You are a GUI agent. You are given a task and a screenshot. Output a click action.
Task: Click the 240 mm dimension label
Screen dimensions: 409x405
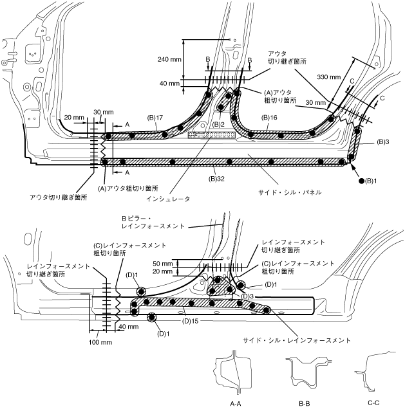(169, 57)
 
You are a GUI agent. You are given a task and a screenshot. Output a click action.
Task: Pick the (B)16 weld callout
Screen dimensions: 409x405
(269, 118)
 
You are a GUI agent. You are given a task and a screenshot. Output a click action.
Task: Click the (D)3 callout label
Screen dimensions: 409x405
(248, 296)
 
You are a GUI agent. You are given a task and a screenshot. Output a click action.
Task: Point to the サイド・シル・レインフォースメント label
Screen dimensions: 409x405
(296, 339)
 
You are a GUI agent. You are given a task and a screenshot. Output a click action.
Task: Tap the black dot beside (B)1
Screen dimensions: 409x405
(362, 181)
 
